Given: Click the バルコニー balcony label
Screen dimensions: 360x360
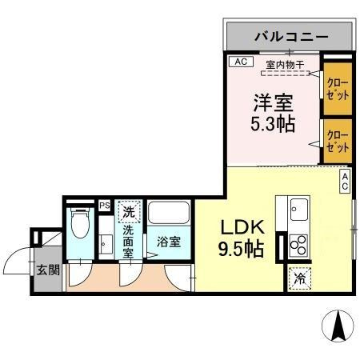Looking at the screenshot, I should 290,36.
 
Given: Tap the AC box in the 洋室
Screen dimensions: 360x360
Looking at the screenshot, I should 239,62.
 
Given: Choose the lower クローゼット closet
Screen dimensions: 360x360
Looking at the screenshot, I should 338,141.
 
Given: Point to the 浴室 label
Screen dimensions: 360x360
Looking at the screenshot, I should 168,241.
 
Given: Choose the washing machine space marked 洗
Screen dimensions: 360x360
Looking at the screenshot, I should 129,212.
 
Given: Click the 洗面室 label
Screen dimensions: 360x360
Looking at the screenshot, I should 129,241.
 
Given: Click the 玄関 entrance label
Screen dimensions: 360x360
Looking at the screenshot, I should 47,270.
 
